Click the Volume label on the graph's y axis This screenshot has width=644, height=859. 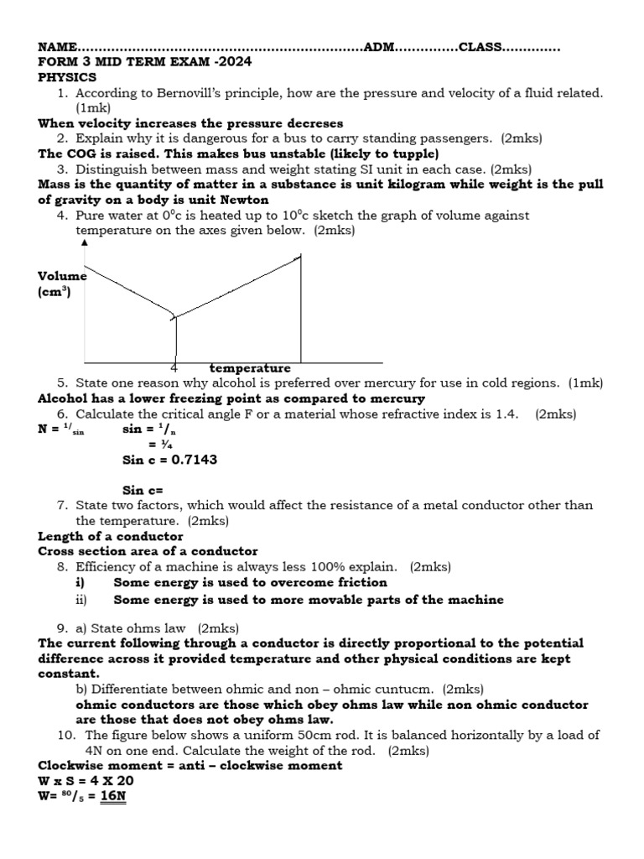[x=62, y=276]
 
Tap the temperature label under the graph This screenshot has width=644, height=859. [x=250, y=368]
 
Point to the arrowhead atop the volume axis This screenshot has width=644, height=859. [x=84, y=243]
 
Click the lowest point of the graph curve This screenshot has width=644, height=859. [x=174, y=316]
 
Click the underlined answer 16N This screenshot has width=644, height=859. [x=112, y=795]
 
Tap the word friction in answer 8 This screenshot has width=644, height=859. [x=360, y=582]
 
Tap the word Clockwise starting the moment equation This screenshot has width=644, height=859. [x=70, y=766]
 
